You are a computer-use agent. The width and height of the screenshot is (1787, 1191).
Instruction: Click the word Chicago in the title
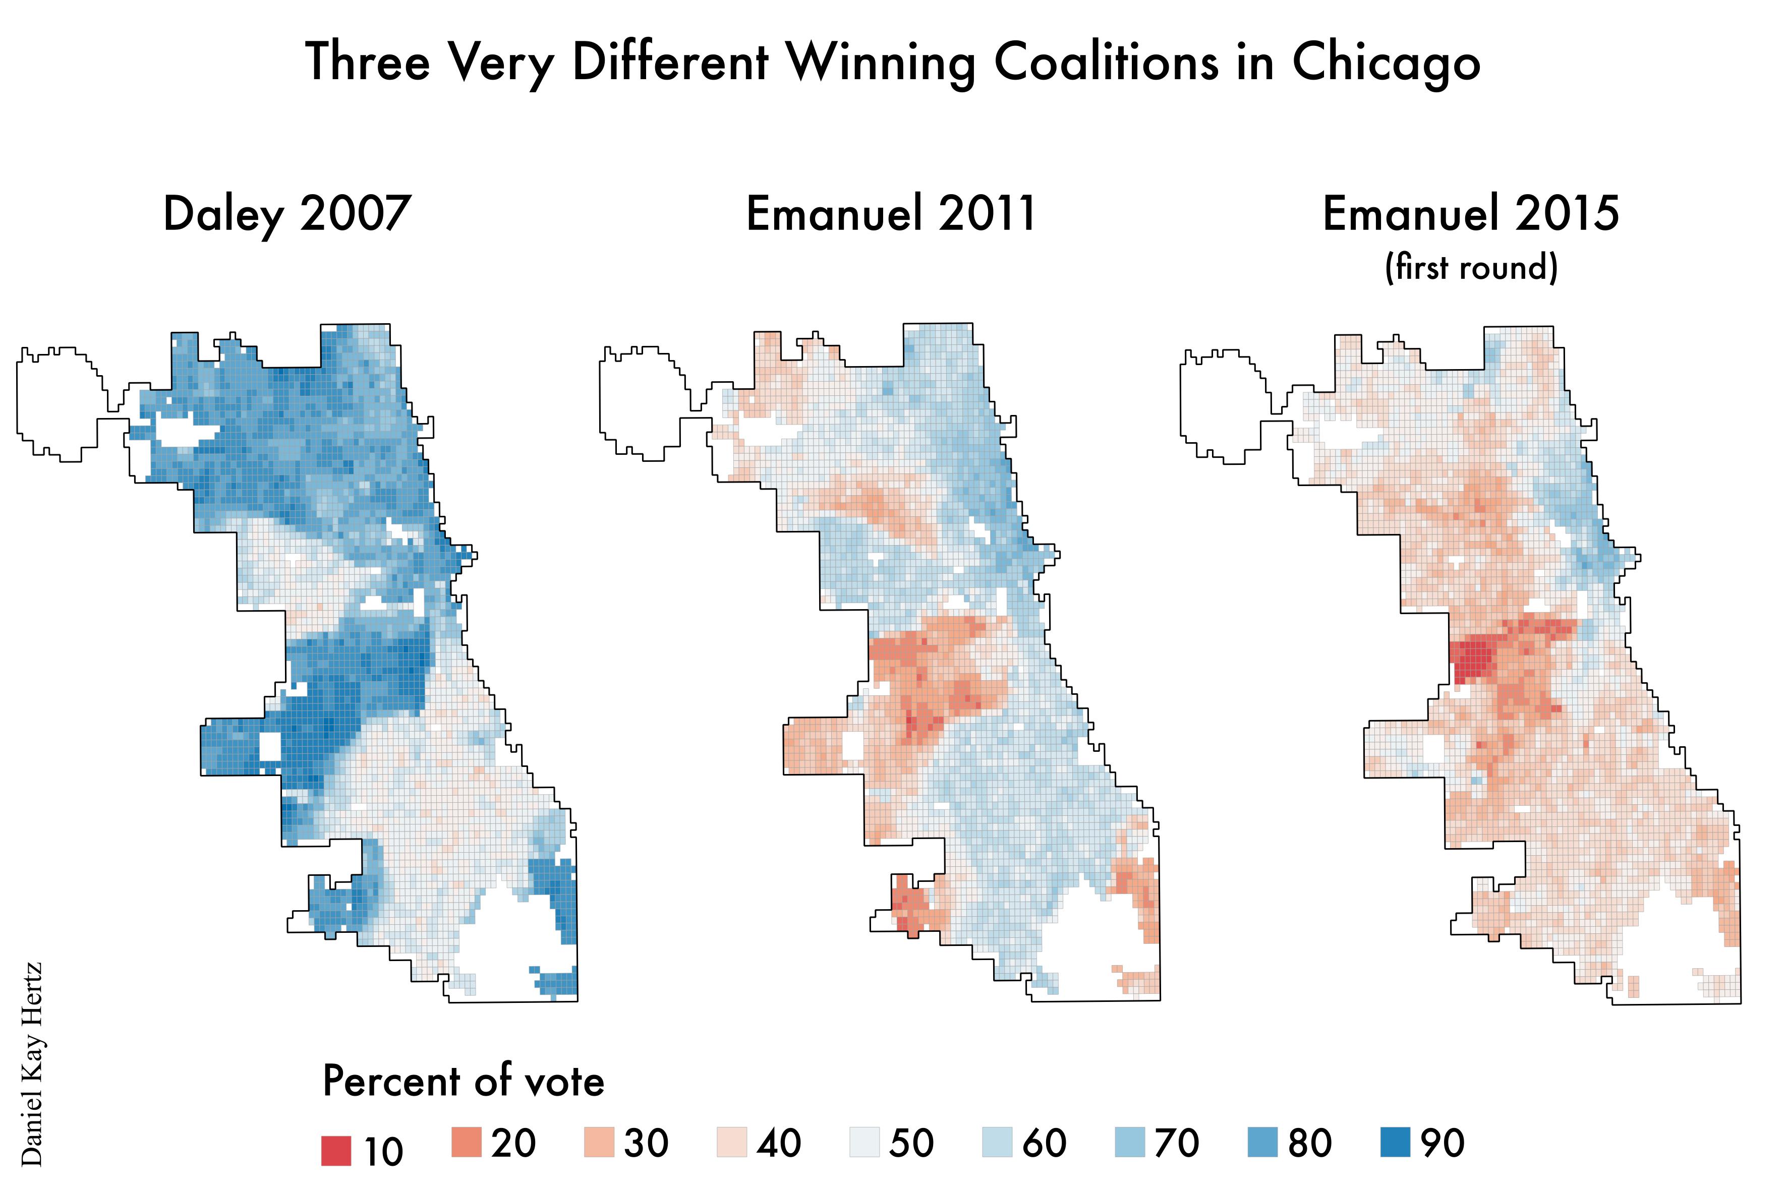pyautogui.click(x=1386, y=63)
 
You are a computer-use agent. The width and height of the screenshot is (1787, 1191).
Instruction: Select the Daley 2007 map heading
pyautogui.click(x=287, y=214)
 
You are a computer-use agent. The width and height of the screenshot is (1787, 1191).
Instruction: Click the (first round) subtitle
pyautogui.click(x=1471, y=267)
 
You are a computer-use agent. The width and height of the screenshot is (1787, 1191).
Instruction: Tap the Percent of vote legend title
pyautogui.click(x=464, y=1081)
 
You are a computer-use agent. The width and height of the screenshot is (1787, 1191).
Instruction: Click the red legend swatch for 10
pyautogui.click(x=336, y=1150)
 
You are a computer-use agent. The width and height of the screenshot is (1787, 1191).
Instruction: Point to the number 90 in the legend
pyautogui.click(x=1442, y=1143)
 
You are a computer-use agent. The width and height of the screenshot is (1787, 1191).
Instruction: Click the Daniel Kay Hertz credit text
pyautogui.click(x=32, y=1064)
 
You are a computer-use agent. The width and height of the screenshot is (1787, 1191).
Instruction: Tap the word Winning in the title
pyautogui.click(x=881, y=63)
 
